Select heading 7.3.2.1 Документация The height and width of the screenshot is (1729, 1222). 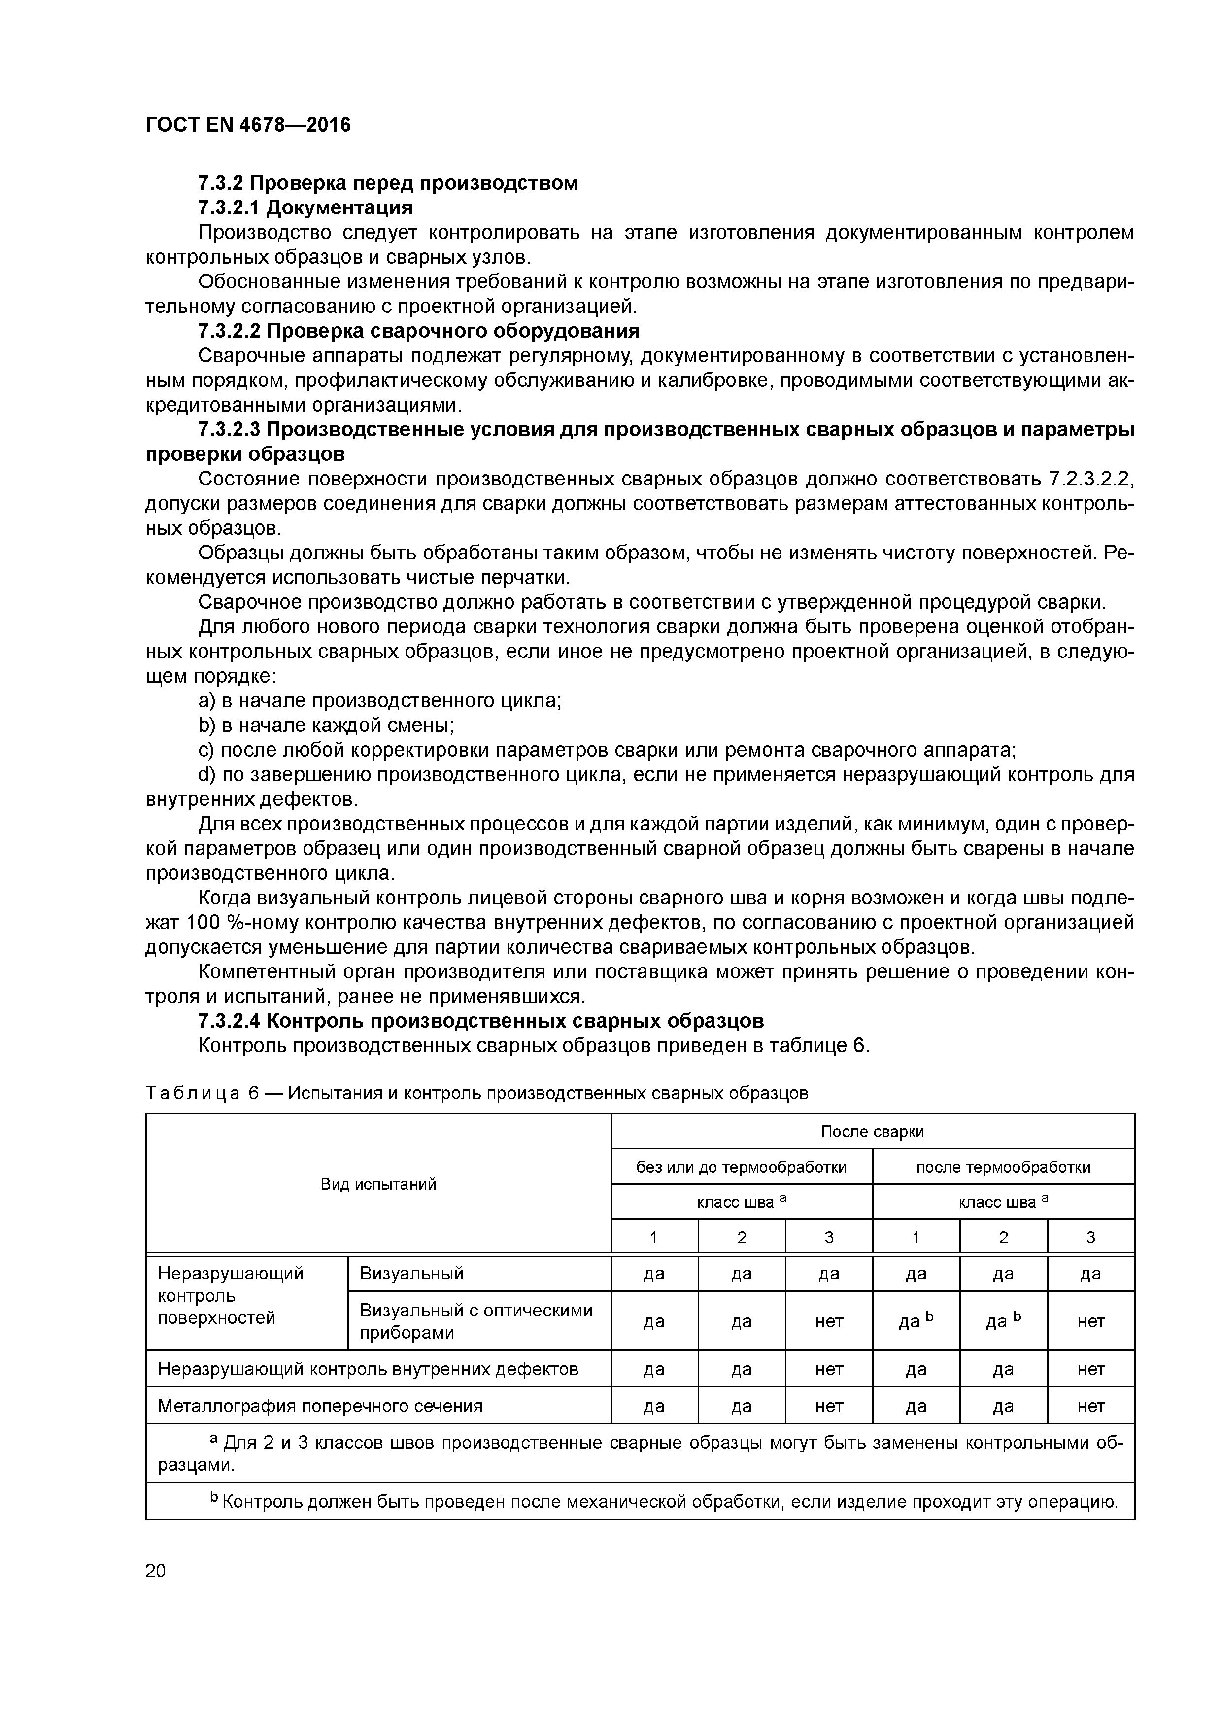click(x=305, y=207)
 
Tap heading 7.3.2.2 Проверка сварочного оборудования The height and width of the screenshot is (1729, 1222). click(x=419, y=331)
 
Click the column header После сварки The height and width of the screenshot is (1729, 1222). click(x=872, y=1132)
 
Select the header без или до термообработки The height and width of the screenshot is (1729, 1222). click(x=741, y=1167)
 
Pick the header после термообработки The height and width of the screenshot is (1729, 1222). click(x=1003, y=1167)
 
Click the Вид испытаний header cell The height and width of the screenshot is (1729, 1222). click(x=378, y=1184)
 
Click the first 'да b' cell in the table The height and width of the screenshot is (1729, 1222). click(x=916, y=1321)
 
